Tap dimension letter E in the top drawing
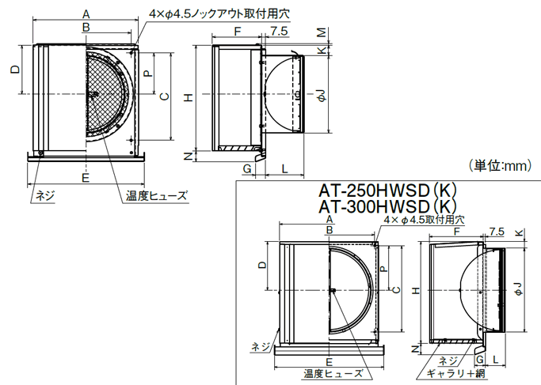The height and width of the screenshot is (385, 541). [x=86, y=178]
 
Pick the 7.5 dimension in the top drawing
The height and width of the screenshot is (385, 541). [x=279, y=31]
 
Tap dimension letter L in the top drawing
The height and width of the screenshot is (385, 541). [x=284, y=169]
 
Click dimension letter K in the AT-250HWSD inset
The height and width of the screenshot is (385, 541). [x=519, y=232]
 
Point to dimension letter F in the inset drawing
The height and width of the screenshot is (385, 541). [x=457, y=232]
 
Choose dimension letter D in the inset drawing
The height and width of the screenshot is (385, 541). [x=261, y=267]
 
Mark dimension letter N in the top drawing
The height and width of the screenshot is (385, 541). [x=188, y=156]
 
